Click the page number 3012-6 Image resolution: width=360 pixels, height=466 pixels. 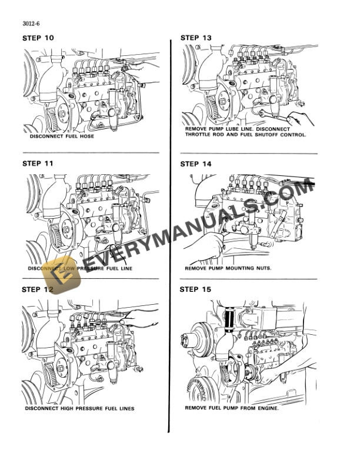[32, 24]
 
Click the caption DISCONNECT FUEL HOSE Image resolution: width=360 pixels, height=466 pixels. [62, 137]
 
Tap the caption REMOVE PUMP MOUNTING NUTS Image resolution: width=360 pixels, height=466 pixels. [224, 268]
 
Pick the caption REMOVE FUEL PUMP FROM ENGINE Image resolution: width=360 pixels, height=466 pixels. [232, 407]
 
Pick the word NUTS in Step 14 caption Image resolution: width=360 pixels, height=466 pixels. [254, 268]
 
